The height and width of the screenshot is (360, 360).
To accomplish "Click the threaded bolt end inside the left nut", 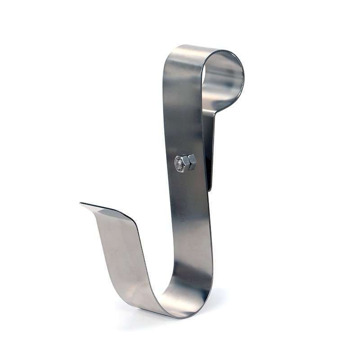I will pos(179,163).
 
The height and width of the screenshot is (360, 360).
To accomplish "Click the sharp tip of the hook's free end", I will pos(81,204).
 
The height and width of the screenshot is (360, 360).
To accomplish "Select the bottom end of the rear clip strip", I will pos(210,188).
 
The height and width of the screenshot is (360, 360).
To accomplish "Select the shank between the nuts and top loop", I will pos(182,112).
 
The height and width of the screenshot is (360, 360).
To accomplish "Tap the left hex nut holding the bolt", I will pos(180,163).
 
